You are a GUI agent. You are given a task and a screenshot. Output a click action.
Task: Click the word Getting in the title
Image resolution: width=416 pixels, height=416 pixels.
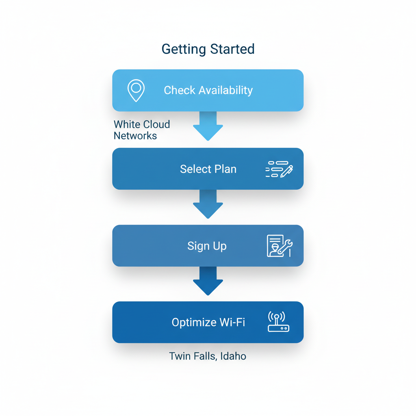coord(184,49)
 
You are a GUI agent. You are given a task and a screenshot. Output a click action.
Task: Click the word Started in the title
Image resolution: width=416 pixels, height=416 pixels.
coord(232,49)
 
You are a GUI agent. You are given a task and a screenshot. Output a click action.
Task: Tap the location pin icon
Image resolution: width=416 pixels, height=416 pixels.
coord(136,90)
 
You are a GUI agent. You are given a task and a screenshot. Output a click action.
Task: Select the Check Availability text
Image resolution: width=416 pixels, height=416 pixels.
coord(208,90)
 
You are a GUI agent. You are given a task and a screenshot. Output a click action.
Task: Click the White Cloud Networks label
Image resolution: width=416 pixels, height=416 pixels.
coord(142,130)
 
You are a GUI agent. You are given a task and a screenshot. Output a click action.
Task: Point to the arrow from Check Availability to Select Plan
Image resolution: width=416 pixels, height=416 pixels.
coord(208,126)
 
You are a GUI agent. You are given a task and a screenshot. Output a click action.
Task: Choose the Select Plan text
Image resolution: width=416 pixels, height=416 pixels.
coord(208,169)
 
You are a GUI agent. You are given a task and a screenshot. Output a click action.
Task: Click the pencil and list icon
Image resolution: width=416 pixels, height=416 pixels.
coord(279,169)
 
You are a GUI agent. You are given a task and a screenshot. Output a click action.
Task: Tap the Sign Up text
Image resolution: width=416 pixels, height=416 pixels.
coord(207,246)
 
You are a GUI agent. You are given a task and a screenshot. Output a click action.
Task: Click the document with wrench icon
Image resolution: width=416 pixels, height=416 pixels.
coord(279,246)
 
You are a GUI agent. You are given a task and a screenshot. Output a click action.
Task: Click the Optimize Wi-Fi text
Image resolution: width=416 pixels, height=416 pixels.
coord(208,323)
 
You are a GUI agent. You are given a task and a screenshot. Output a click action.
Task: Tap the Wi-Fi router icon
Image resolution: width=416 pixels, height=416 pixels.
coord(278,322)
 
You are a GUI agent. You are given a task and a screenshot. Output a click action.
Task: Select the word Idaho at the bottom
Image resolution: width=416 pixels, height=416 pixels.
coord(234,356)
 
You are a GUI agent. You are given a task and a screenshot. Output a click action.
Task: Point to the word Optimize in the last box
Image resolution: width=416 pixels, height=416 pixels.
coord(194,323)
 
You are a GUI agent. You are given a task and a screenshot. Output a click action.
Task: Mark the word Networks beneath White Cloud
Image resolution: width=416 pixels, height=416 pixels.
coord(135,136)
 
